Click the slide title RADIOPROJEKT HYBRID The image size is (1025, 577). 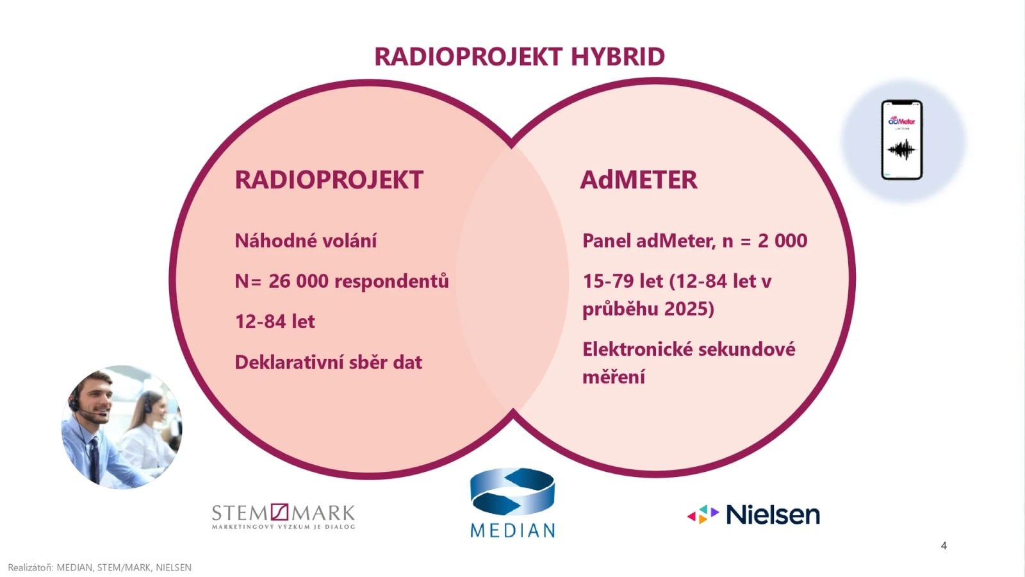(x=519, y=56)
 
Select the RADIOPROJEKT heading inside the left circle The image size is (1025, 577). (x=329, y=180)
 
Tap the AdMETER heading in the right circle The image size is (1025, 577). (x=638, y=180)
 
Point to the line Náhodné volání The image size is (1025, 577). (x=306, y=241)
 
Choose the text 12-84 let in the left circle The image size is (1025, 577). (x=275, y=321)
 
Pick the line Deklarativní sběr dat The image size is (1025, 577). (x=328, y=362)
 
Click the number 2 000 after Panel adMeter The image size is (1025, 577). (x=782, y=241)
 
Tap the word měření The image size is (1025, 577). (x=613, y=377)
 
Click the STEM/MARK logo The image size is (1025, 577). (x=283, y=516)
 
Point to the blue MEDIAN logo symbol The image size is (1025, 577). (x=512, y=492)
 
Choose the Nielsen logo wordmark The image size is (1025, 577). (x=773, y=515)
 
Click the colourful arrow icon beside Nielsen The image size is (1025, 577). (x=703, y=515)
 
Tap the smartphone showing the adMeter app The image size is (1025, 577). (x=901, y=140)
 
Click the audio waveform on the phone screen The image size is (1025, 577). (x=901, y=151)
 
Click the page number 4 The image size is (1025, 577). (x=944, y=546)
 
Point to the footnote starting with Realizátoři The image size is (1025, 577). (x=99, y=567)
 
